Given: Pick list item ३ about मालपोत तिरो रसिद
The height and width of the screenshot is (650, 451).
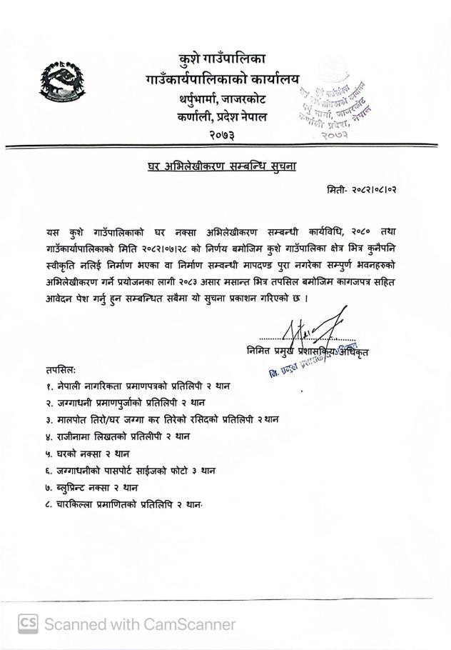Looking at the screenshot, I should click(x=161, y=420).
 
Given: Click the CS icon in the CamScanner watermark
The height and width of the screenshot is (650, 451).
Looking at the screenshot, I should click(x=28, y=624).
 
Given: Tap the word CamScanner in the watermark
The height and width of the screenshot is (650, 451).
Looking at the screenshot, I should click(x=188, y=624).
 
